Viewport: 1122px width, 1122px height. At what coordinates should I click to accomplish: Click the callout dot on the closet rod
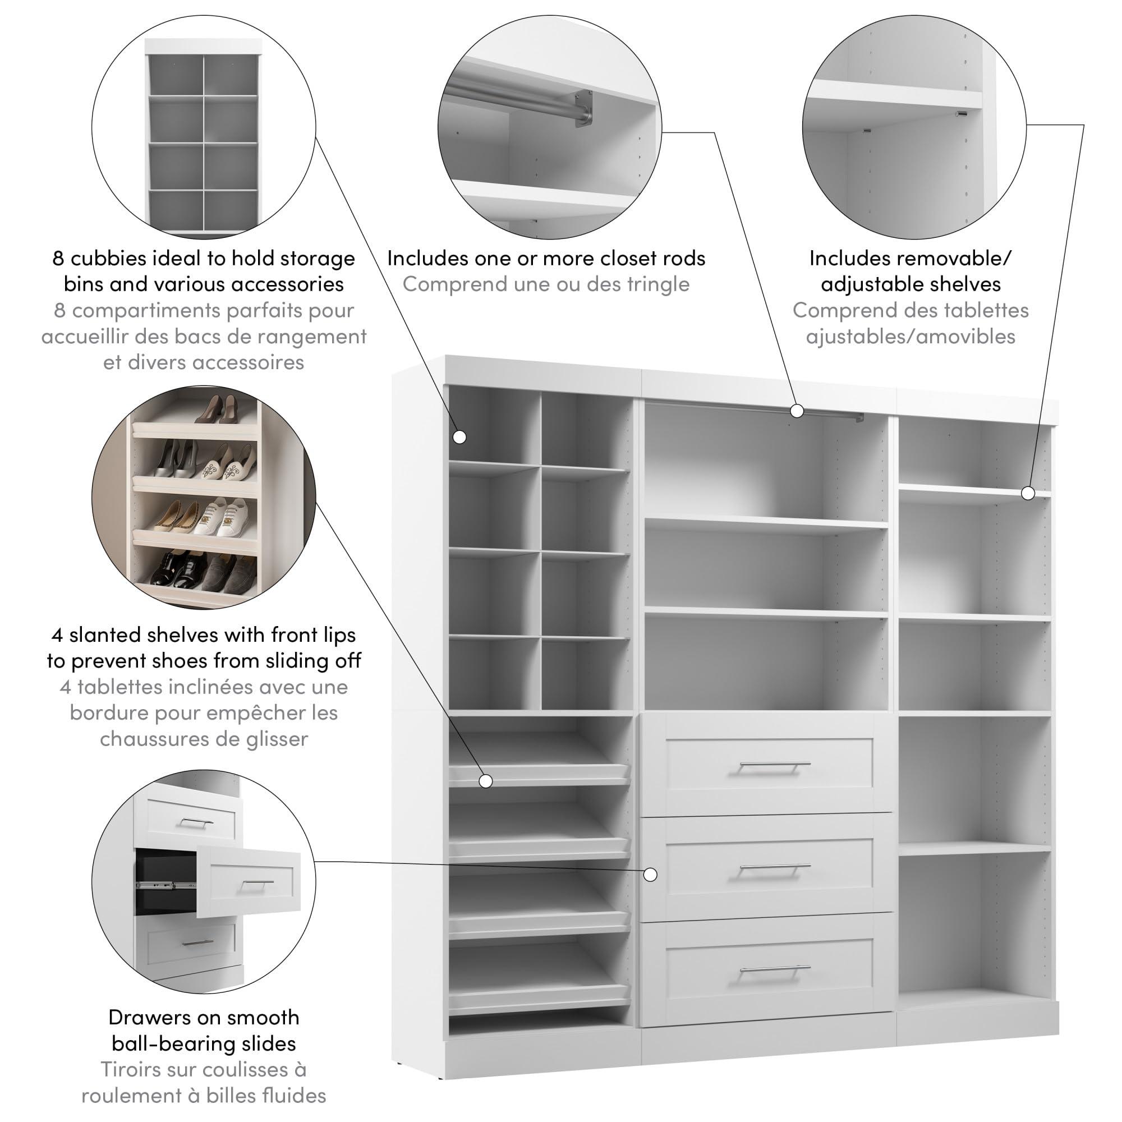[797, 411]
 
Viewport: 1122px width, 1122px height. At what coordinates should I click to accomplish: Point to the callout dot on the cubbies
[460, 436]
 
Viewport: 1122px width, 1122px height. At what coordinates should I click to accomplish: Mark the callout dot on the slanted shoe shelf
[486, 781]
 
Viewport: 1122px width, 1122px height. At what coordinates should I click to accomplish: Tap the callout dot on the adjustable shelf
[1028, 494]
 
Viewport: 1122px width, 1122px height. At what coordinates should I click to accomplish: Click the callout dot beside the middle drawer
[650, 874]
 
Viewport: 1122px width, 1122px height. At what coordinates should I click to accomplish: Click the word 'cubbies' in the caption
[105, 258]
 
